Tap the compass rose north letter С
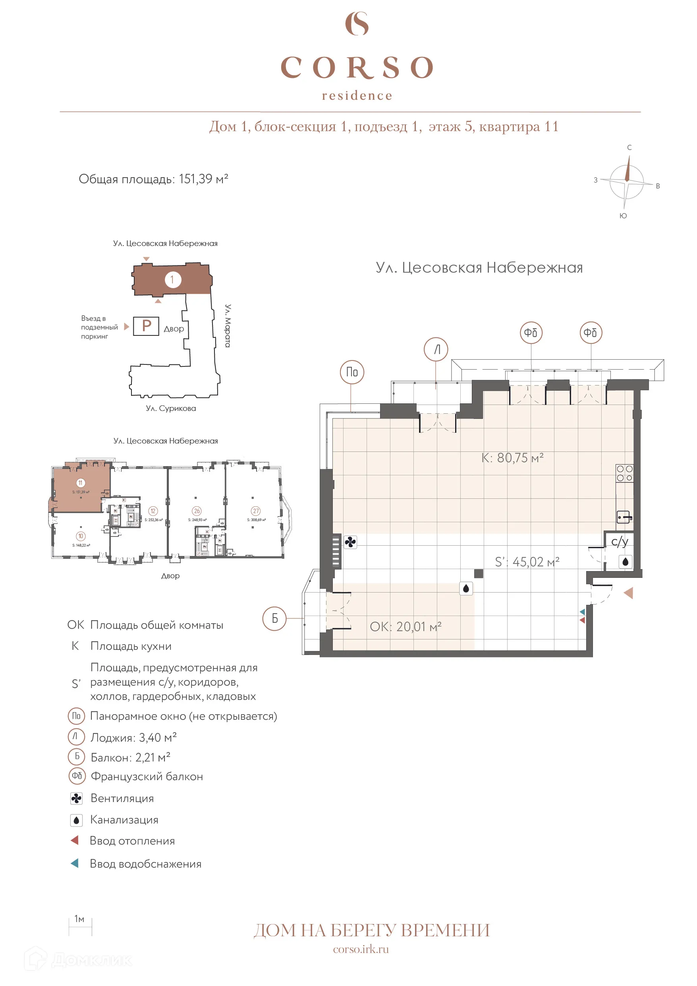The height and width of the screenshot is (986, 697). coord(629,147)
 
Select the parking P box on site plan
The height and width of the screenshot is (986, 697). coord(146,326)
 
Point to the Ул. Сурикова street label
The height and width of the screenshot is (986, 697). coord(170,409)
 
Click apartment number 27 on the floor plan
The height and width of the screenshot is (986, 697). coord(256,511)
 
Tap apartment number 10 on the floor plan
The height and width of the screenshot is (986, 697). coord(81,536)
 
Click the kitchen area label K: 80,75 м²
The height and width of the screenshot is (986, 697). coord(512,458)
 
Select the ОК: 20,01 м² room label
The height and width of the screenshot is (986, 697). coord(405,627)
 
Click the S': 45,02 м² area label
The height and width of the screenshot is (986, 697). coord(527,562)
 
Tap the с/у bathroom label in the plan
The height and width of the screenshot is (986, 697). coord(619,541)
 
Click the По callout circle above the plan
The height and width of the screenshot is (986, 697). coord(352,372)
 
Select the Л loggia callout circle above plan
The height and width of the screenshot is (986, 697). coord(436,350)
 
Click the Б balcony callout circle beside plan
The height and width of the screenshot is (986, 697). coord(274,618)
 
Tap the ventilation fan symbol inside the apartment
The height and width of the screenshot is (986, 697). coord(350,542)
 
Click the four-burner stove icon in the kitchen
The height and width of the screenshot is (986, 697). coord(624,473)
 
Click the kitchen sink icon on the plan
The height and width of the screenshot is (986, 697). coord(624,517)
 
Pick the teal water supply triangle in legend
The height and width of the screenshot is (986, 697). coord(75,863)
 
